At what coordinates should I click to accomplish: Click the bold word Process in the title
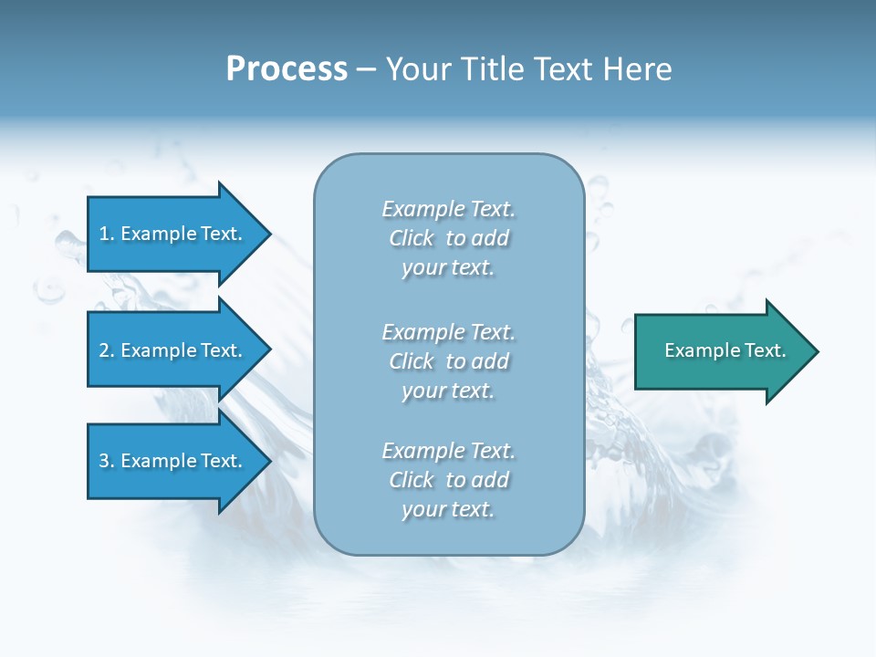click(287, 69)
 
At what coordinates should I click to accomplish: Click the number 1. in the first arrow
click(107, 234)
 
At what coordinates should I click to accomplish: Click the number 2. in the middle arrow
click(107, 350)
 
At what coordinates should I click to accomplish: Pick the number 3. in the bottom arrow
click(107, 461)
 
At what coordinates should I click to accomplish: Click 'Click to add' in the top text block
click(449, 238)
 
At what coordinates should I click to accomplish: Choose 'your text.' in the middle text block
click(448, 391)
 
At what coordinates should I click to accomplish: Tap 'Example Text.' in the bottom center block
click(449, 451)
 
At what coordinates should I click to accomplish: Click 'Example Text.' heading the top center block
click(449, 209)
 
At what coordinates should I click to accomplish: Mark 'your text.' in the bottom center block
click(448, 509)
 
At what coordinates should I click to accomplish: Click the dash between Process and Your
click(366, 70)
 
